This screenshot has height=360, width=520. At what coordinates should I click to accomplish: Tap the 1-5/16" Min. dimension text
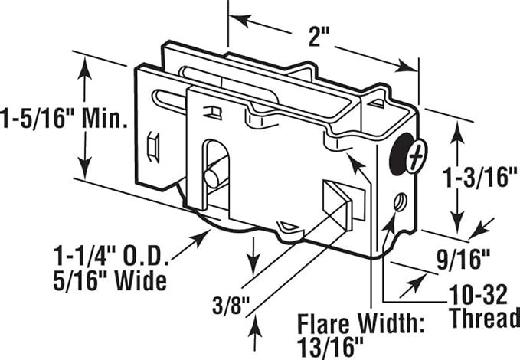pyautogui.click(x=64, y=119)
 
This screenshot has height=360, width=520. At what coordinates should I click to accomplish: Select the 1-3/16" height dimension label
pyautogui.click(x=481, y=177)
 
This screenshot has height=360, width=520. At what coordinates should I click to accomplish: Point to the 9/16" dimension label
pyautogui.click(x=463, y=260)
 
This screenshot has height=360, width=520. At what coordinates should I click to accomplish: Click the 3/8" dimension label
pyautogui.click(x=231, y=305)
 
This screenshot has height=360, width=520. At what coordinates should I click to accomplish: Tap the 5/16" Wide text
pyautogui.click(x=110, y=281)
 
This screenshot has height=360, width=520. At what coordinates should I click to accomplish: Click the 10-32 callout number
pyautogui.click(x=478, y=294)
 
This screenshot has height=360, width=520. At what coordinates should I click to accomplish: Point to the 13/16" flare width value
pyautogui.click(x=330, y=347)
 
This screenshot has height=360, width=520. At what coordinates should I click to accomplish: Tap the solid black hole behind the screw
pyautogui.click(x=399, y=154)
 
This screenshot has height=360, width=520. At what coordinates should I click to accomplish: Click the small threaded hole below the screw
pyautogui.click(x=400, y=201)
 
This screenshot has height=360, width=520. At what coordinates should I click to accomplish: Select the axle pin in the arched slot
pyautogui.click(x=213, y=176)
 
